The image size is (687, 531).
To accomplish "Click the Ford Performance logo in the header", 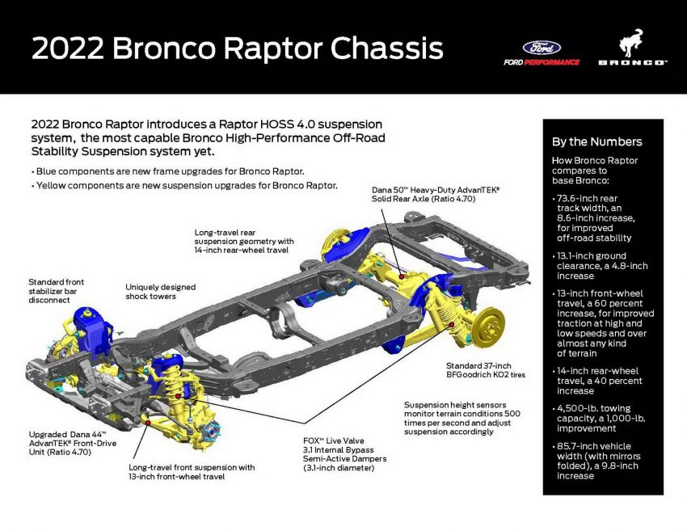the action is (541, 53).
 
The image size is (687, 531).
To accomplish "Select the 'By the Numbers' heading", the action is (596, 142).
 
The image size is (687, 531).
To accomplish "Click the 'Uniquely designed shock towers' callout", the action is (160, 291).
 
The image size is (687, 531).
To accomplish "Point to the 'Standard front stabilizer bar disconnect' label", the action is (56, 292).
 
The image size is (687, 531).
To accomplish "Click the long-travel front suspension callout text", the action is (192, 472).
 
